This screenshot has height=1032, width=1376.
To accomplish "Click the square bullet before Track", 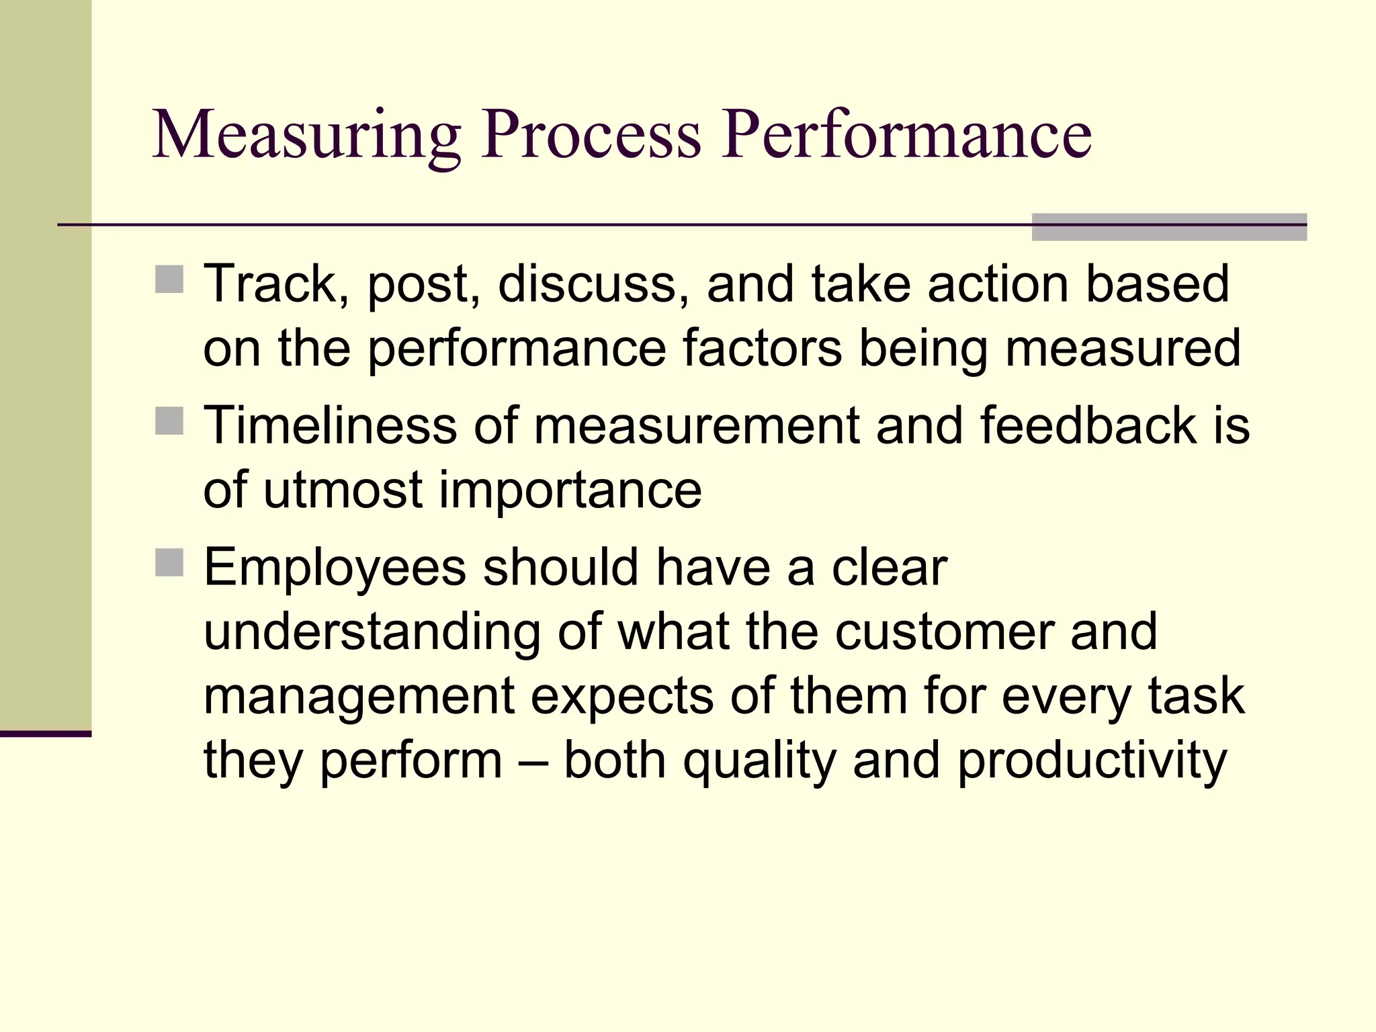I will pos(169,279).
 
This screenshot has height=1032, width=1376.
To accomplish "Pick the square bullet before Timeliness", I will pos(169,421).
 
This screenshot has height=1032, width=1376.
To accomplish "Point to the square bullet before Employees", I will pos(169,563).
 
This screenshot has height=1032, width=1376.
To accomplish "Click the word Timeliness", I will pos(330,425).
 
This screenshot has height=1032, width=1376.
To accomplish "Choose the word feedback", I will pos(1088,425).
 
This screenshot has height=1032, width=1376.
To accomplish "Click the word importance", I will pos(570,490).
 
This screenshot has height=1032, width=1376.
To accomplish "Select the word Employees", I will pos(335,568).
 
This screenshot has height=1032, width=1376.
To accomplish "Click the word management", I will pos(358,696).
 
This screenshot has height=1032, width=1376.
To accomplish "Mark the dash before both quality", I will pos(533,761).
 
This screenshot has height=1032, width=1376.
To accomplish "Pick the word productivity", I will pos(1092,762).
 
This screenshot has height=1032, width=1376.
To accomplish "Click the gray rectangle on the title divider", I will pos(1168,227).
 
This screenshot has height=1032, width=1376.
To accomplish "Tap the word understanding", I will pos(372,633).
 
